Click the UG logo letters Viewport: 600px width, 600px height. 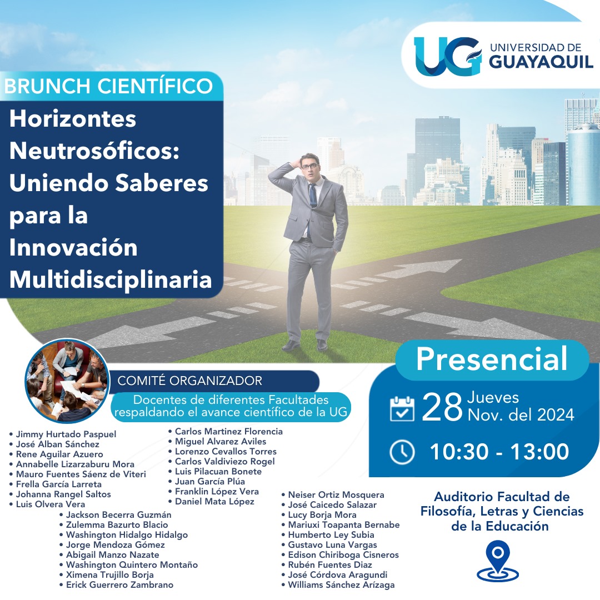point(447,56)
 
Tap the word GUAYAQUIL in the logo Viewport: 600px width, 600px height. point(541,62)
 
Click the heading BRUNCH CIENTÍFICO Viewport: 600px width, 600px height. point(108,86)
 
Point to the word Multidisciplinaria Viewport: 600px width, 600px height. point(111,280)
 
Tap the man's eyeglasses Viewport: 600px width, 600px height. point(310,166)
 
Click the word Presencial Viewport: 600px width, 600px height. point(492,359)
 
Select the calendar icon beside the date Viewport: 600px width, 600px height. point(402,409)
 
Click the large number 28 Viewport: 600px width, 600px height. point(442,408)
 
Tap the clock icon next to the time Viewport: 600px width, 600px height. point(402,452)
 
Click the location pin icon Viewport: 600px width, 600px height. point(498,561)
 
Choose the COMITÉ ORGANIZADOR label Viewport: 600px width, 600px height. point(190,381)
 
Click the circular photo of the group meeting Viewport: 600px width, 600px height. point(67,381)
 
